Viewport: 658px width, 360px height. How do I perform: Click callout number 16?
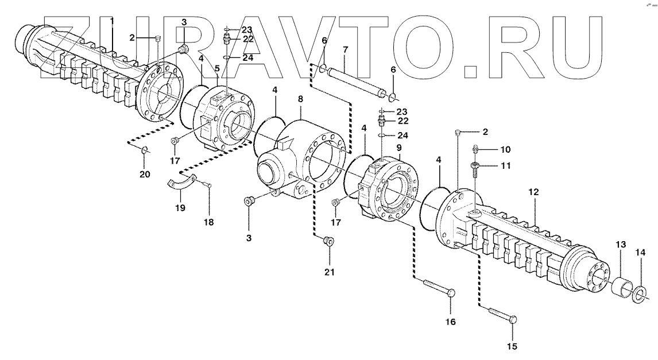[x=450, y=322]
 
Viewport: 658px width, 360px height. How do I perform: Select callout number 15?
[x=512, y=346]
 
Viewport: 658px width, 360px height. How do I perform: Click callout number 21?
[x=329, y=271]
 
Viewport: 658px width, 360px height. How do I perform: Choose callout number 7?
[x=345, y=50]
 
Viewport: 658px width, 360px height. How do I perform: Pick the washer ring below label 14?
[x=637, y=295]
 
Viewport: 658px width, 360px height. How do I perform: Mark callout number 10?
[x=505, y=150]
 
